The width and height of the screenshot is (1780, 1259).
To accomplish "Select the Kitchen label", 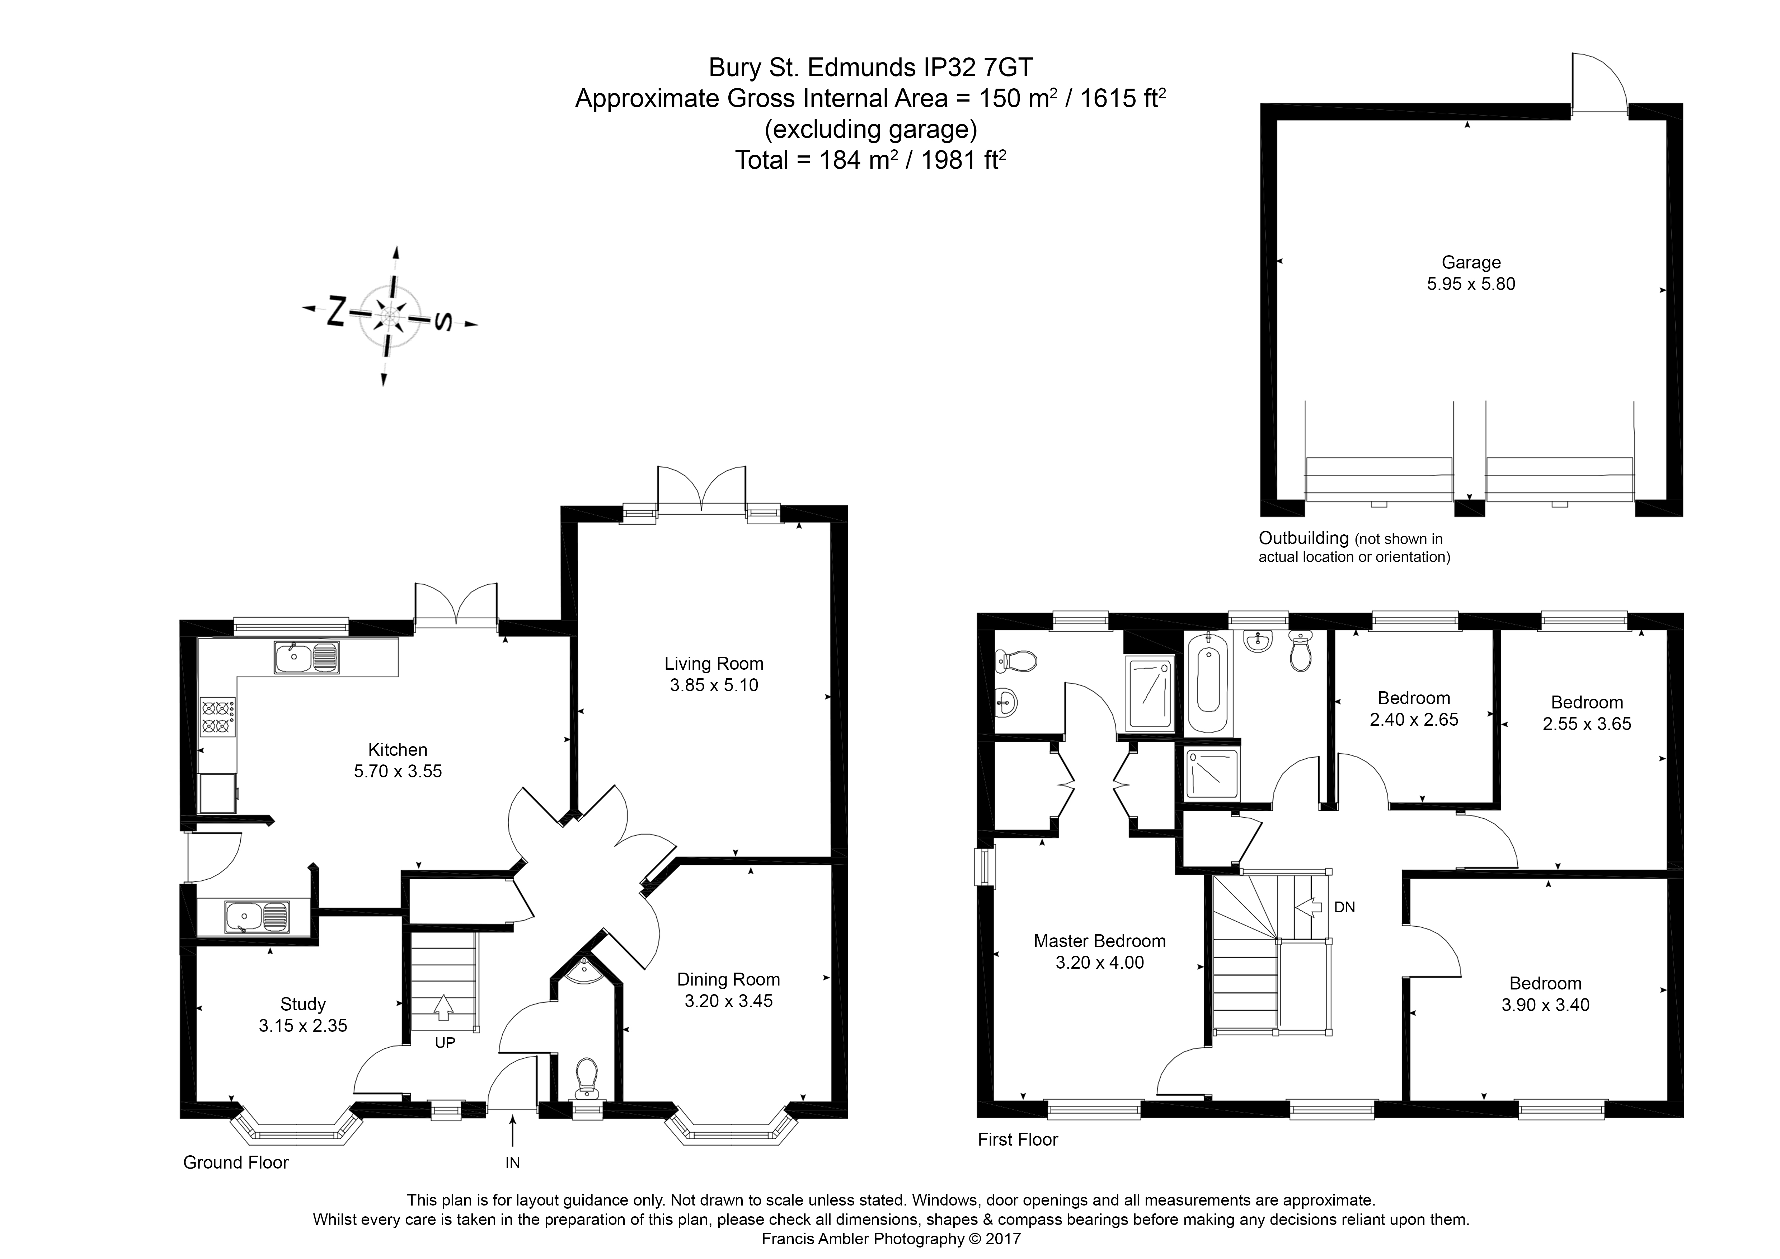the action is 398,750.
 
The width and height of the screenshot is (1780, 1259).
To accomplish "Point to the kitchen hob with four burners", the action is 218,716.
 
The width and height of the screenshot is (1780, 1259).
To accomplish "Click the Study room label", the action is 302,1005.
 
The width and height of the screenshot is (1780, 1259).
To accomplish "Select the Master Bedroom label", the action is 1099,941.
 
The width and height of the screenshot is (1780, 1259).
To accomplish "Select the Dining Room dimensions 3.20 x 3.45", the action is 728,1001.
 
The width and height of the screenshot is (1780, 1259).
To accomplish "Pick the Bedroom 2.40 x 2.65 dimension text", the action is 1414,720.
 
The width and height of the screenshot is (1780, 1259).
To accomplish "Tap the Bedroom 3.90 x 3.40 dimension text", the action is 1545,1005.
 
